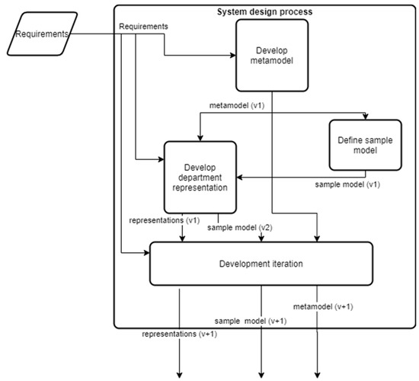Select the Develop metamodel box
[272, 55]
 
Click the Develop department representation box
[200, 177]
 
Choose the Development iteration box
[261, 264]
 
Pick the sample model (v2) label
[241, 228]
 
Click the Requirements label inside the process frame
[145, 27]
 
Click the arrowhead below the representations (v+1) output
[181, 373]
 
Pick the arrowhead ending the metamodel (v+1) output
[318, 373]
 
